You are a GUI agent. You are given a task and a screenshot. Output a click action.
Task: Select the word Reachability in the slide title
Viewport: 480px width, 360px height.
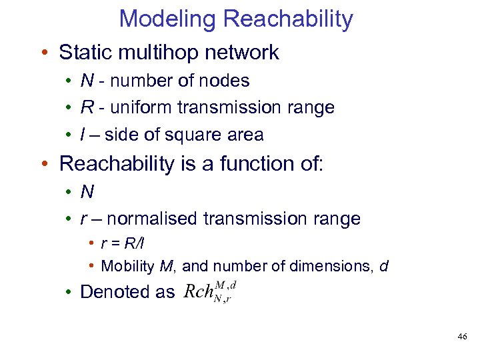289,19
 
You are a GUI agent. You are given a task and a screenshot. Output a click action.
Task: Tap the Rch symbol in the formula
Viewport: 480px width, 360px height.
198,292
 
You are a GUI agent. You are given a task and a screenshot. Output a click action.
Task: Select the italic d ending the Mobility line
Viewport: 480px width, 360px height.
383,267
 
